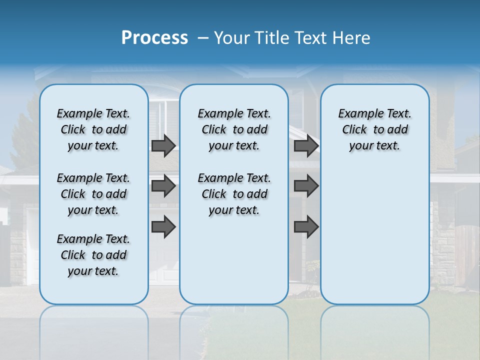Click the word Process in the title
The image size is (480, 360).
coord(154,38)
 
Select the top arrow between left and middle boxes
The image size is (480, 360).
coord(163,146)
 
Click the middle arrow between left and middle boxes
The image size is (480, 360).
coord(163,186)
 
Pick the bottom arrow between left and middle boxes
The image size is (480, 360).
coord(163,227)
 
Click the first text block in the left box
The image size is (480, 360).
coord(93,129)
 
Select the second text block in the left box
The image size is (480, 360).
coord(93,194)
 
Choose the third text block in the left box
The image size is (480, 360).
coord(93,255)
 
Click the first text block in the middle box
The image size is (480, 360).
coord(234,129)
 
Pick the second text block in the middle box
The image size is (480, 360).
coord(234,194)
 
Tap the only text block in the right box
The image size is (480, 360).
coord(374,129)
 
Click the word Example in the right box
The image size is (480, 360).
coord(357,114)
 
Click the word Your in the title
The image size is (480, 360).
coord(231,38)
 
